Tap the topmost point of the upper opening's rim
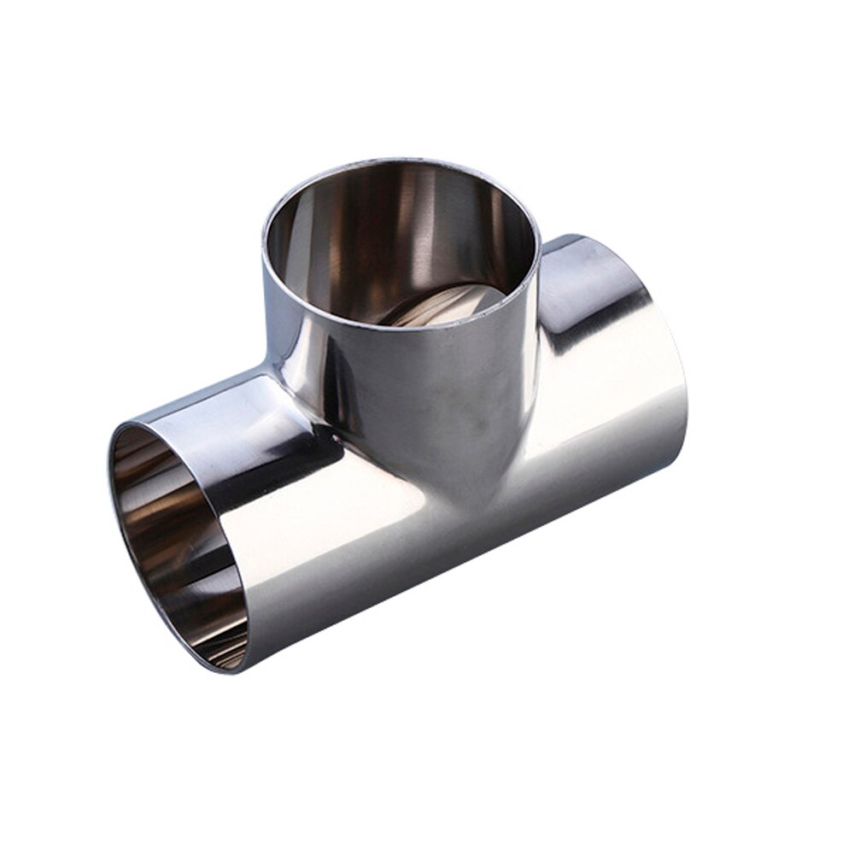click(401, 159)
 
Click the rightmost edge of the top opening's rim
click(541, 248)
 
